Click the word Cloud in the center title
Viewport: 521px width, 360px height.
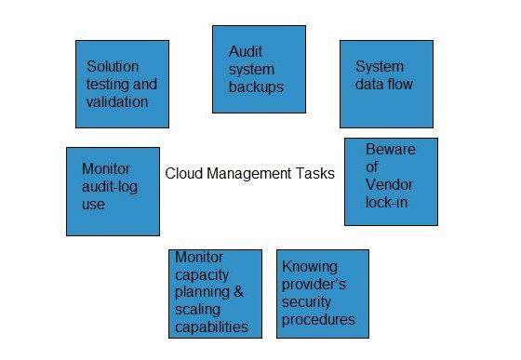pos(184,173)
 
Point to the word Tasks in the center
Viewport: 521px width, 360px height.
pos(316,173)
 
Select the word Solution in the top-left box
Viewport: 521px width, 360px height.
pos(114,67)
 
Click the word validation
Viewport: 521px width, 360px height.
pos(118,102)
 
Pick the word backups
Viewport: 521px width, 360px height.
pos(256,87)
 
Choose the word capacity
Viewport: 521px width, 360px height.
pos(201,273)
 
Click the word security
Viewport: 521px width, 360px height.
pos(309,301)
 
